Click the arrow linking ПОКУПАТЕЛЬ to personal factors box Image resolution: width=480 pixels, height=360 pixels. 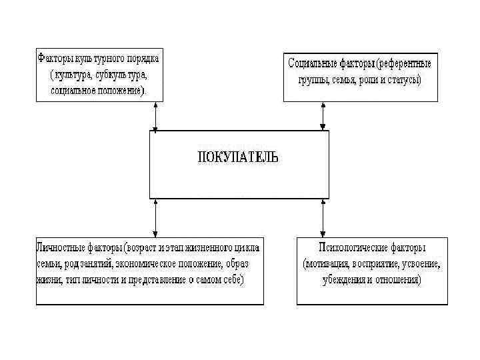pyautogui.click(x=156, y=217)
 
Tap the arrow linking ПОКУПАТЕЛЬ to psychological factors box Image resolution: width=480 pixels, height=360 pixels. pyautogui.click(x=323, y=217)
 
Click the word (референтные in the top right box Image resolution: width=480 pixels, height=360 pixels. pyautogui.click(x=403, y=65)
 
